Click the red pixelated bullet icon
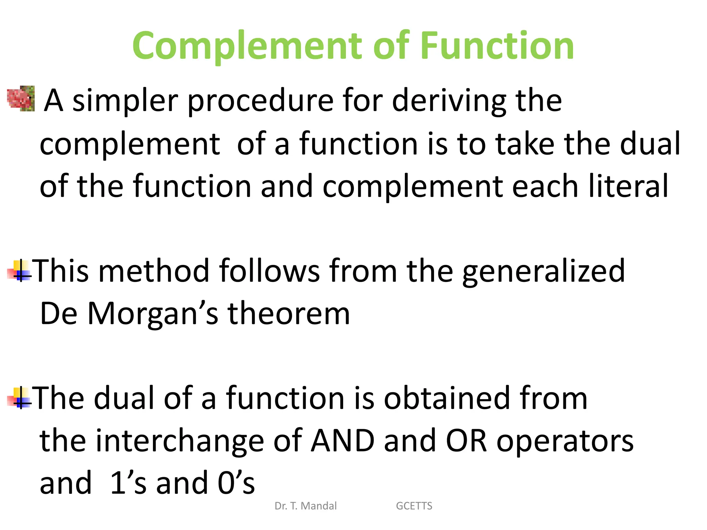click(21, 99)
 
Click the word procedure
click(261, 101)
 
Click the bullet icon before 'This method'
click(19, 271)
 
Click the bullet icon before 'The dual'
click(19, 398)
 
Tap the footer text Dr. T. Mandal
click(306, 506)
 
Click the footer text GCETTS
click(414, 506)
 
